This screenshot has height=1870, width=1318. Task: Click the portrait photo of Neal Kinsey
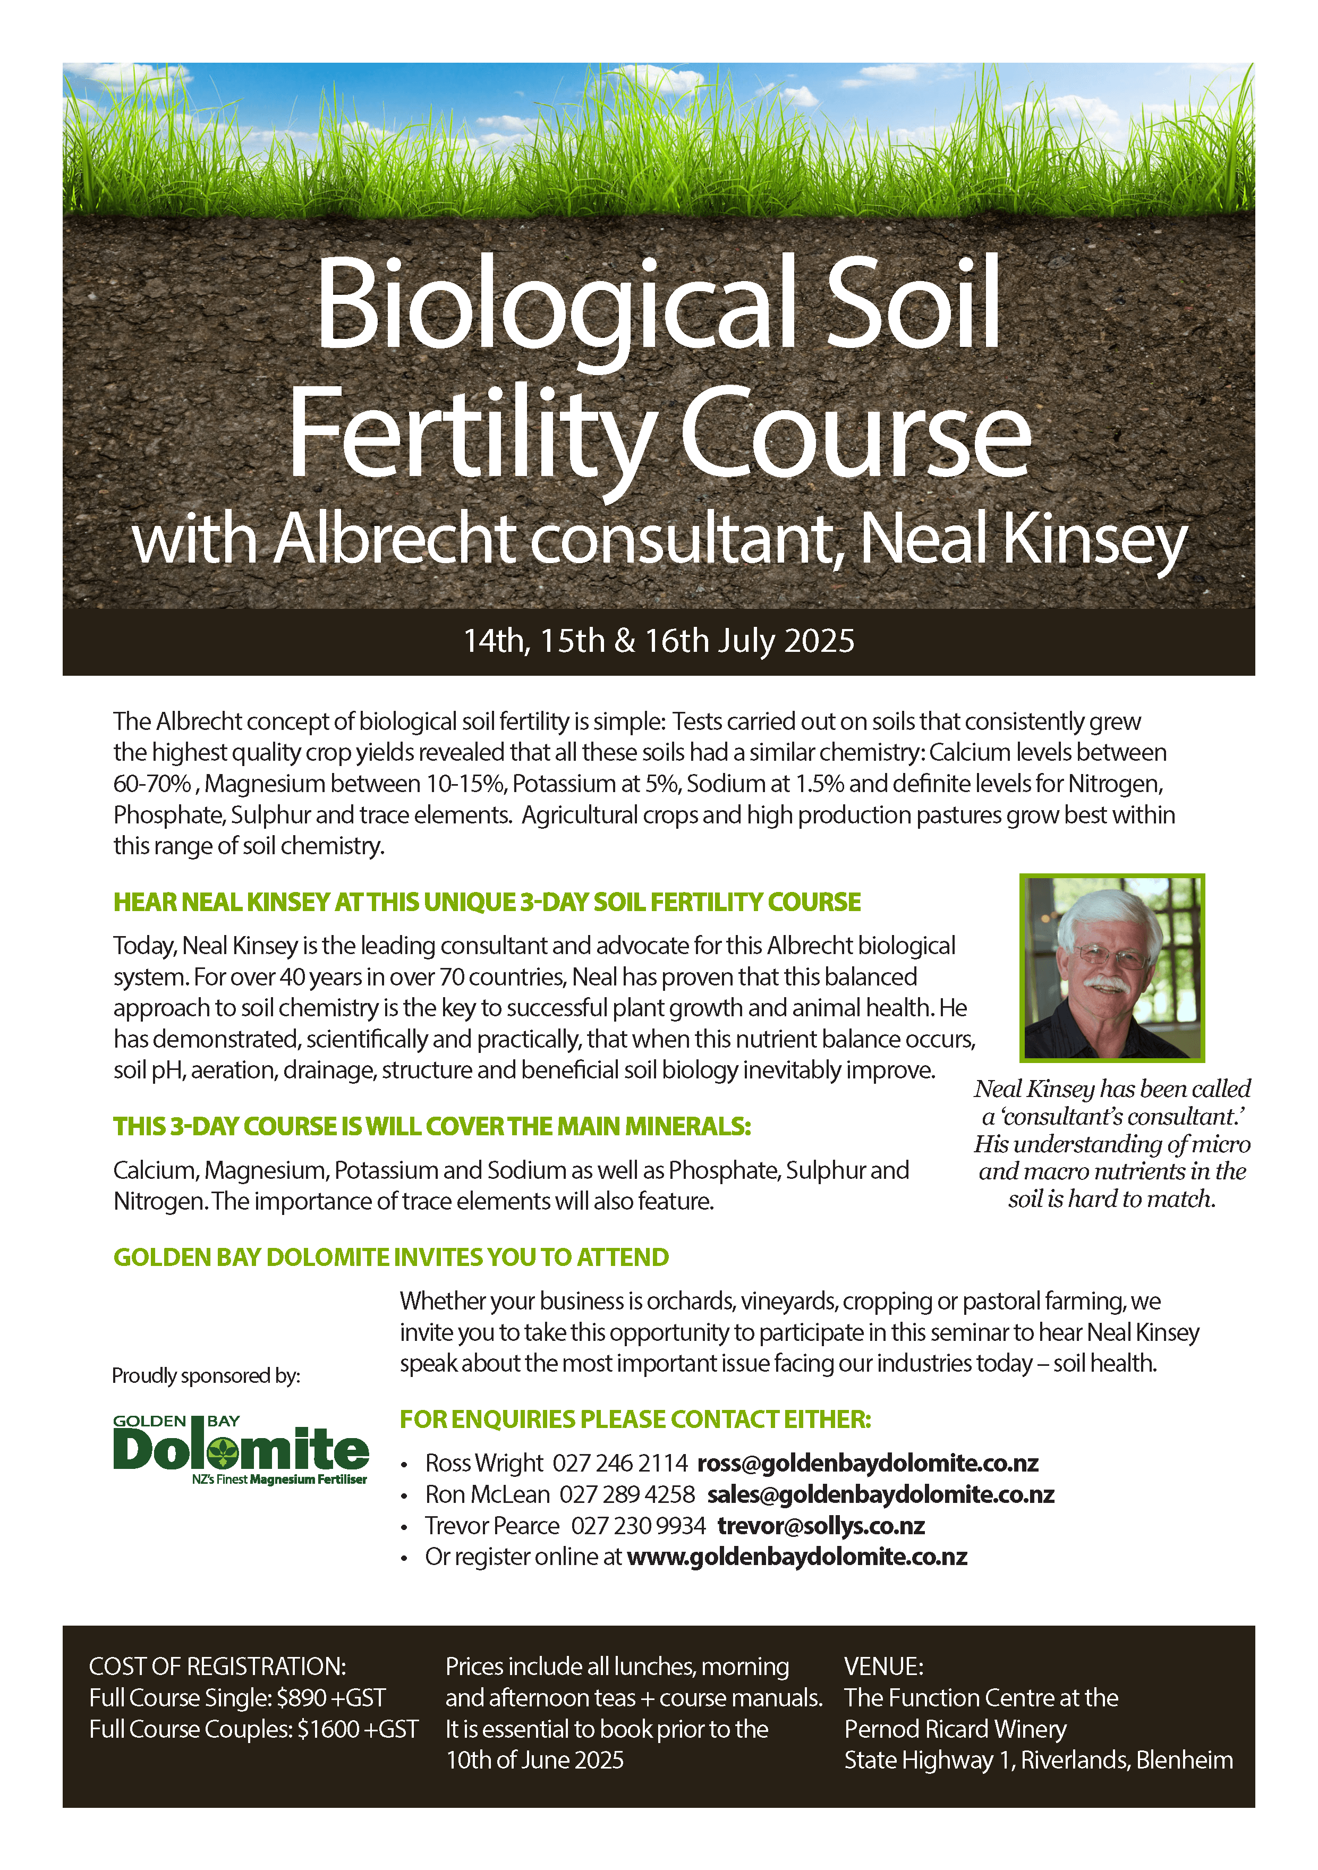click(x=1112, y=967)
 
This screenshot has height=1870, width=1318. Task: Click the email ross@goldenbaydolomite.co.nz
click(x=868, y=1464)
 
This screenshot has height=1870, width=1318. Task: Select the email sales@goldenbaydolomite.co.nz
click(x=881, y=1494)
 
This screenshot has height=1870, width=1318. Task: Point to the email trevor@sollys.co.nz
click(x=821, y=1525)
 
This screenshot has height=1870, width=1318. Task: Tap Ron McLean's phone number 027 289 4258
click(x=627, y=1494)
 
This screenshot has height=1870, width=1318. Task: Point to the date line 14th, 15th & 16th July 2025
click(x=659, y=641)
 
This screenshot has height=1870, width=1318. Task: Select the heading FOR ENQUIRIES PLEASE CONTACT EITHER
click(x=635, y=1419)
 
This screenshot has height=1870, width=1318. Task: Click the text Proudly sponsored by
click(x=206, y=1375)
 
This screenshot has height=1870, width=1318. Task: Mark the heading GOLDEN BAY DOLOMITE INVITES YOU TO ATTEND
click(x=391, y=1257)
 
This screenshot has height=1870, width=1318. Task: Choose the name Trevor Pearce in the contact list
click(x=492, y=1525)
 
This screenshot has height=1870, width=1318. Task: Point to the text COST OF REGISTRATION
click(x=217, y=1667)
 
